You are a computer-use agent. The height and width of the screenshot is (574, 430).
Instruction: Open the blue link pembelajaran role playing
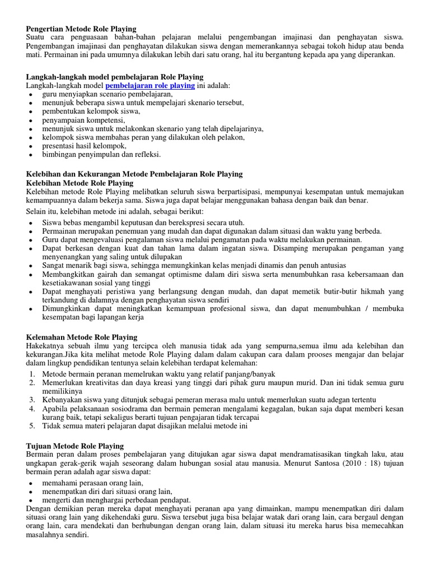click(150, 86)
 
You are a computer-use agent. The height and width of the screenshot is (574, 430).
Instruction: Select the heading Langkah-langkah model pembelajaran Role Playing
click(115, 77)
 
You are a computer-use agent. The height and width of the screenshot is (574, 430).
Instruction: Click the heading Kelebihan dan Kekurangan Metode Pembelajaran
click(134, 174)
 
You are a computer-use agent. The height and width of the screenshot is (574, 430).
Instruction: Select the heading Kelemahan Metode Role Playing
click(82, 337)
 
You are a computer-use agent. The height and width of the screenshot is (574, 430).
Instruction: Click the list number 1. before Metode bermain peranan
click(32, 373)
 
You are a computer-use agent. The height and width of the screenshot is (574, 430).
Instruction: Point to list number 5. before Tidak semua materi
click(32, 425)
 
